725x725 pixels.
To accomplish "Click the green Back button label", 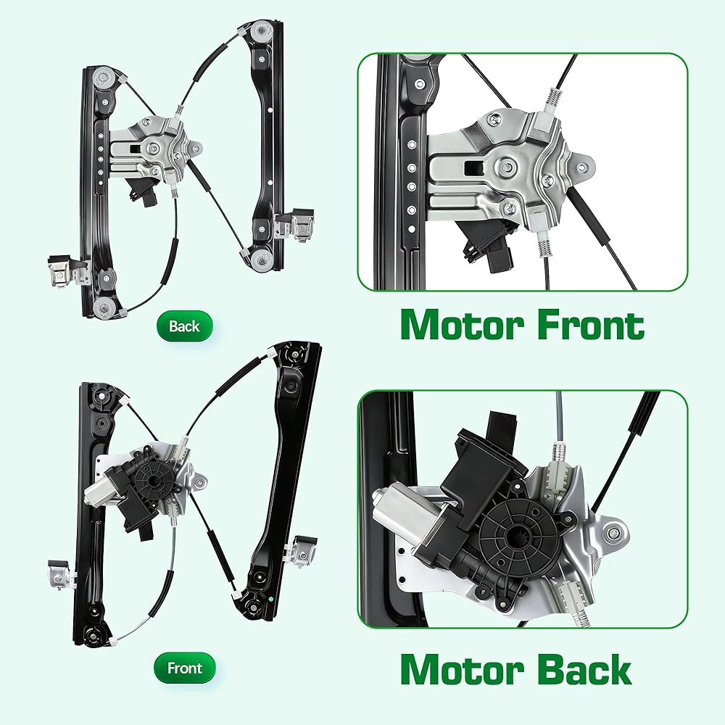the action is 184,326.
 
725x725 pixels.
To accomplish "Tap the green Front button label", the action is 184,668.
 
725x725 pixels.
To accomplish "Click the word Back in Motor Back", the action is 585,669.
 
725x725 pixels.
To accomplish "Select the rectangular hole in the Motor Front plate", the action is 473,168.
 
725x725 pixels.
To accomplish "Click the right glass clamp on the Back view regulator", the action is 296,225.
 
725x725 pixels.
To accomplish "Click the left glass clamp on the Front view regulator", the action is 62,575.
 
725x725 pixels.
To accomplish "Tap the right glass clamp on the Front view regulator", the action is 301,550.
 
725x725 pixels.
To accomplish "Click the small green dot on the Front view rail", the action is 270,600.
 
